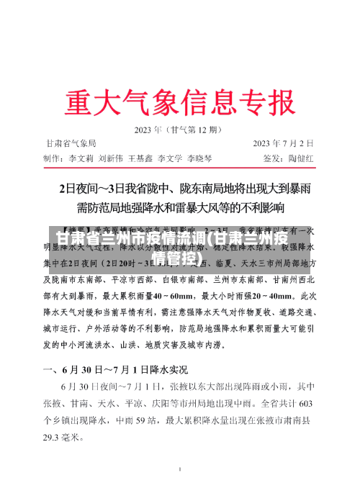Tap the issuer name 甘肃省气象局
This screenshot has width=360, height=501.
(71, 143)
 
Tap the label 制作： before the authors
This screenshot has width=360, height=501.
(54, 158)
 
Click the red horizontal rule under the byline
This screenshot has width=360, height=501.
(179, 166)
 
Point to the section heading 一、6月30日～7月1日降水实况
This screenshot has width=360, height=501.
(116, 370)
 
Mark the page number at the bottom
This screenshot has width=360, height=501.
(179, 489)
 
